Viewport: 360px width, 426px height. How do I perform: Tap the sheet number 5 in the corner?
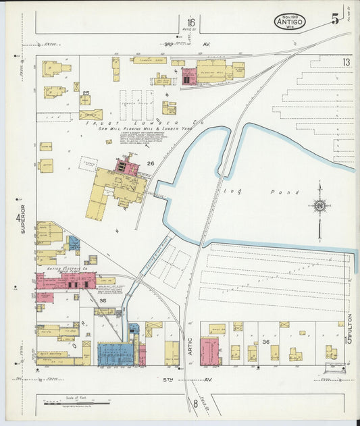pyautogui.click(x=336, y=19)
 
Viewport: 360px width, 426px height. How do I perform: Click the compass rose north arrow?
pyautogui.click(x=319, y=206)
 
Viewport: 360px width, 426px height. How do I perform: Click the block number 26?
pyautogui.click(x=151, y=163)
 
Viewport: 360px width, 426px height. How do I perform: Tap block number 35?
pyautogui.click(x=103, y=300)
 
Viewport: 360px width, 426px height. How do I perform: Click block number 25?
pyautogui.click(x=86, y=92)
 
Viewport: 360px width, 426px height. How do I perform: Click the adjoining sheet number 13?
pyautogui.click(x=346, y=62)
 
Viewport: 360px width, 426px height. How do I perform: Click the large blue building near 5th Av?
pyautogui.click(x=116, y=354)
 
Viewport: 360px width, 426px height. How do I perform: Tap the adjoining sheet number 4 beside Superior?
pyautogui.click(x=17, y=217)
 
